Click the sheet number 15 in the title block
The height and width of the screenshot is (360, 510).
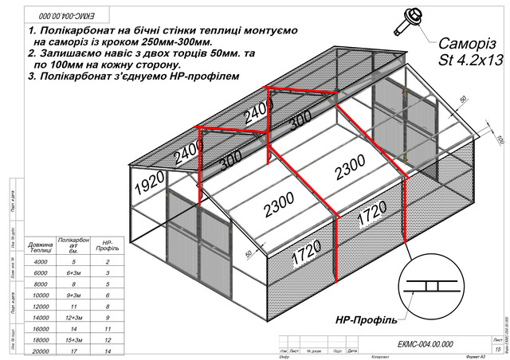(x=498, y=349)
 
